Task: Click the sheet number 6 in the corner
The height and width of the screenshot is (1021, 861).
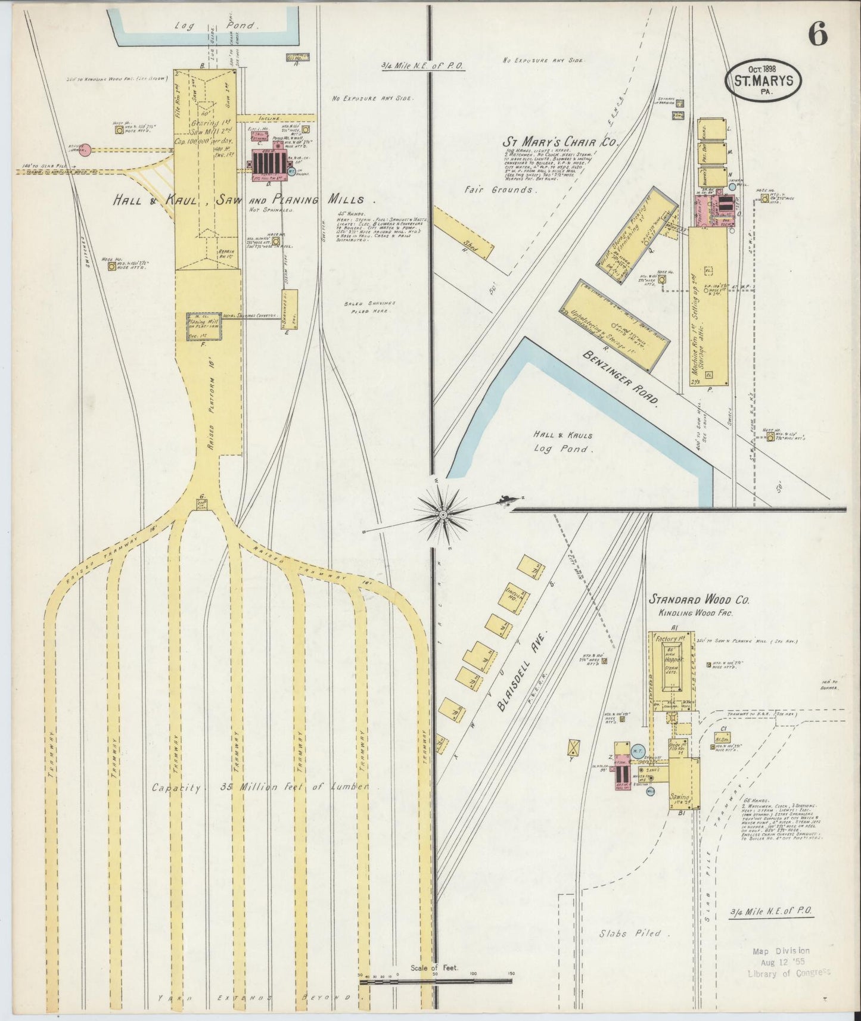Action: tap(818, 36)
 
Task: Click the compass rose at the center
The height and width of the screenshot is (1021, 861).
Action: tap(443, 513)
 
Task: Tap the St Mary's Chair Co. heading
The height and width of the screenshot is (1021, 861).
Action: tap(561, 142)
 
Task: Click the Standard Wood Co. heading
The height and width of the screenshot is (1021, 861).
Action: tap(699, 599)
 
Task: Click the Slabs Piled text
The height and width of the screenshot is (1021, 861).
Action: tap(630, 933)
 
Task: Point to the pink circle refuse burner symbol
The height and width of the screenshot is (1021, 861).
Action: tap(86, 150)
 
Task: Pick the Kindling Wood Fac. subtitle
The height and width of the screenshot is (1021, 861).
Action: tap(695, 613)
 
